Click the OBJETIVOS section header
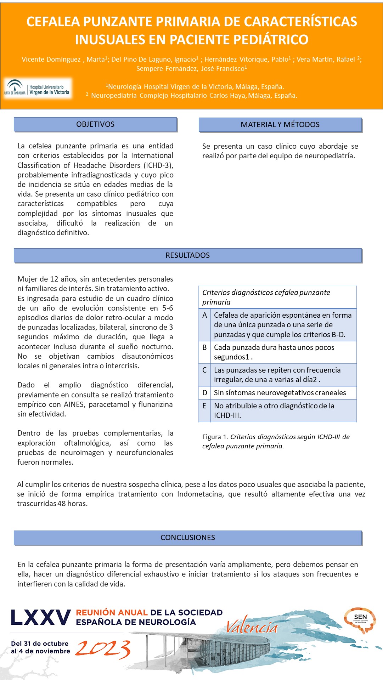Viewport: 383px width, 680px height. click(x=95, y=124)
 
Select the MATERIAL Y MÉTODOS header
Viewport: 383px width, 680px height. click(x=280, y=125)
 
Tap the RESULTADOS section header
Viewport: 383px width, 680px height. click(x=187, y=255)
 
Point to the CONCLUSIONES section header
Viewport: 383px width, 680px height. click(x=187, y=538)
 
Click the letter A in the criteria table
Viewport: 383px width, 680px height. click(x=204, y=315)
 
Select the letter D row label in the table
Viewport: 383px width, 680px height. click(x=204, y=393)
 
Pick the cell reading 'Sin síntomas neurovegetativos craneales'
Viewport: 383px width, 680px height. click(x=280, y=393)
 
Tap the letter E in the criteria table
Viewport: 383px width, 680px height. click(x=204, y=406)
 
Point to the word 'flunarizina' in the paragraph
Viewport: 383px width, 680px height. click(x=156, y=404)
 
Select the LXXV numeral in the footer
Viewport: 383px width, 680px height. click(x=41, y=618)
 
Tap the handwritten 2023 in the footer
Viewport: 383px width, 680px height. click(x=103, y=649)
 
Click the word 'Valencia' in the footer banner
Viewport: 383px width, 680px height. click(x=252, y=627)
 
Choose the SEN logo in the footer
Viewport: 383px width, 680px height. click(x=360, y=619)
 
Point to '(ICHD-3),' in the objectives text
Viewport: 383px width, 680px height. click(x=158, y=165)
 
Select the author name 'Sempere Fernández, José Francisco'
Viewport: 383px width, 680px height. click(x=191, y=69)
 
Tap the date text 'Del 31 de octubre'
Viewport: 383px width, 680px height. click(x=40, y=644)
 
